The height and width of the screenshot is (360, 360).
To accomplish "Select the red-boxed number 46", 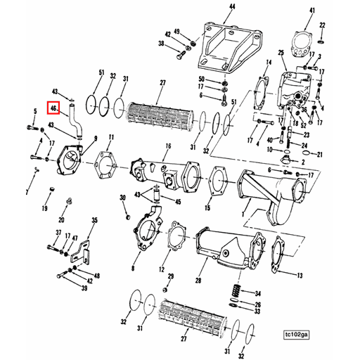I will click(53, 109).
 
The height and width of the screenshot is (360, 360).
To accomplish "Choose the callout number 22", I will click(322, 25).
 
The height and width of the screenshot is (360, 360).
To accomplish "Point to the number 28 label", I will click(198, 281).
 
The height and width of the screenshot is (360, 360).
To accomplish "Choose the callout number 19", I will click(44, 208).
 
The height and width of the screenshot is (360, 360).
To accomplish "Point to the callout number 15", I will click(207, 209).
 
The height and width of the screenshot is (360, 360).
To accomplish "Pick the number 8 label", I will click(132, 268).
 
